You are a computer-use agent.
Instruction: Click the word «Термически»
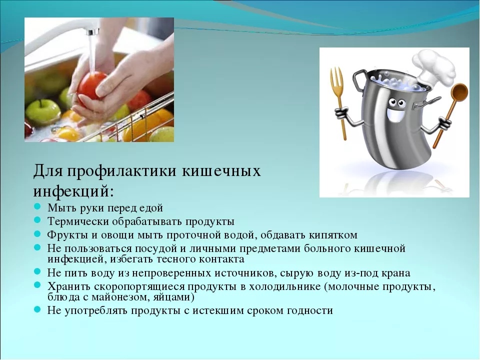click(78, 221)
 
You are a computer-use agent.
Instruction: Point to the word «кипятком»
click(333, 235)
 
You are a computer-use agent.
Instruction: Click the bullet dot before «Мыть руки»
click(37, 207)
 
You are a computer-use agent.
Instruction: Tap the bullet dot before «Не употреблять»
click(37, 310)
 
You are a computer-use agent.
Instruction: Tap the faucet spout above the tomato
click(92, 31)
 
